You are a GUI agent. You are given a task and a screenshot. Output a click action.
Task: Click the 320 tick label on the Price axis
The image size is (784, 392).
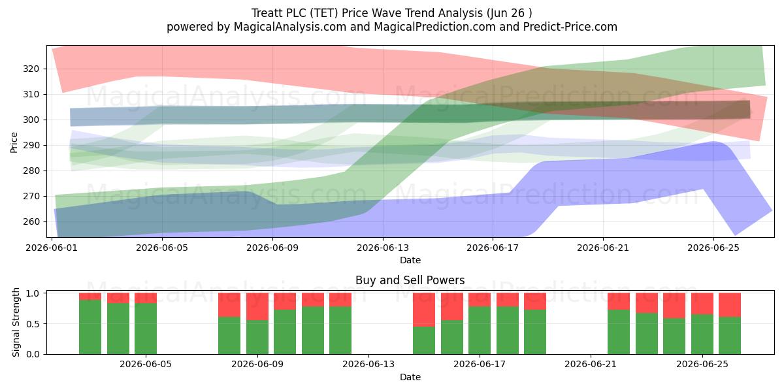click(31, 69)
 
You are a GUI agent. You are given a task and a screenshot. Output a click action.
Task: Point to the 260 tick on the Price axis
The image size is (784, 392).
click(31, 222)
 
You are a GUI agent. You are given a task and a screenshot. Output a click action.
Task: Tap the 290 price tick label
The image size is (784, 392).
click(31, 145)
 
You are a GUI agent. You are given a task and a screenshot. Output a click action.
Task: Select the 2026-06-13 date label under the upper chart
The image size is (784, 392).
click(383, 248)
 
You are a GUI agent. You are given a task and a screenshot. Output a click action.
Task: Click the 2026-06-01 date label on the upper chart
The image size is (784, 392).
click(52, 248)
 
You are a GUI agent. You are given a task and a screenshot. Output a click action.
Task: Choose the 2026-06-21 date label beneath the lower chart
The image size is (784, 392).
click(591, 365)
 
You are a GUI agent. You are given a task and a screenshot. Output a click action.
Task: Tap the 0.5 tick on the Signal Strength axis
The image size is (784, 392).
click(33, 324)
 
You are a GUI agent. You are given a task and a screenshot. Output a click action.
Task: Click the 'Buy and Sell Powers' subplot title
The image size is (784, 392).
click(410, 280)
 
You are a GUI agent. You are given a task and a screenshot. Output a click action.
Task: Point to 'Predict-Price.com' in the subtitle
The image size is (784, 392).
click(570, 27)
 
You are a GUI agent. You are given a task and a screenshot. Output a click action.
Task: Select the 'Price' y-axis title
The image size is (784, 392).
click(14, 142)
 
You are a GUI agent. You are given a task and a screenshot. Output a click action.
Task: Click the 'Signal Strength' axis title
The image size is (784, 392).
click(16, 322)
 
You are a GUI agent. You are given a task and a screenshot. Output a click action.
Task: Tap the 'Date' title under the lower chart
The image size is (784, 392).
click(410, 377)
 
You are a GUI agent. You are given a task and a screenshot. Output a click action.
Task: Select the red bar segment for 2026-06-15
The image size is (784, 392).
click(424, 310)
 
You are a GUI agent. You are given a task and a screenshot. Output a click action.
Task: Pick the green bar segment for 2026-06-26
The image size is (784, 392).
click(730, 336)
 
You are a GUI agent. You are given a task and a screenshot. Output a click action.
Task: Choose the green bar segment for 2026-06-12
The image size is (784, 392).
click(340, 331)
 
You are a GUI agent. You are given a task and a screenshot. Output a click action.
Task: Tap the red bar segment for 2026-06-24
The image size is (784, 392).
click(674, 306)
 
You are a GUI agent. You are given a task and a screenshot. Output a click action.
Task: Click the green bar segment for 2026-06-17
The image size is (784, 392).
click(480, 331)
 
